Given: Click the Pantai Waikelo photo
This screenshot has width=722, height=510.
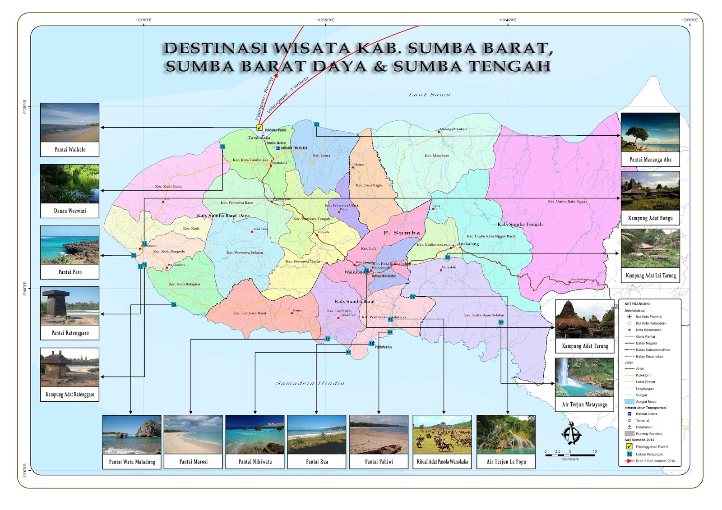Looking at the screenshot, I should [x=69, y=122].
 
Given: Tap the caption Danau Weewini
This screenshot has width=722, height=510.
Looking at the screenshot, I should [x=69, y=211].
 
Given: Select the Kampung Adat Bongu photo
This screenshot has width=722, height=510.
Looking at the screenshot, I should [x=650, y=191].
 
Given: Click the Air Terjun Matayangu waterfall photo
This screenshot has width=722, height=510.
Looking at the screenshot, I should [x=584, y=377].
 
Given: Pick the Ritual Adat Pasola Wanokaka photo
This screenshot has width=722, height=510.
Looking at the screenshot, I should [x=442, y=434].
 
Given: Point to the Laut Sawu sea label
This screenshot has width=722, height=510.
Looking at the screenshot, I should [x=429, y=95].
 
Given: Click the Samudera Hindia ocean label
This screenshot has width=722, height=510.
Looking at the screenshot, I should [x=310, y=383].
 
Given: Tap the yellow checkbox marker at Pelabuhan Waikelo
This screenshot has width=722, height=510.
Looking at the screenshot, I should [x=259, y=128].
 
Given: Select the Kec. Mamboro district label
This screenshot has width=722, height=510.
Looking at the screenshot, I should [x=437, y=156].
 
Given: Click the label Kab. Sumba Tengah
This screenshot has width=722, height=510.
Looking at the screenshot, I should [x=520, y=224].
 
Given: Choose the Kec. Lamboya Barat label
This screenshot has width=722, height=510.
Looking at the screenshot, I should [x=250, y=313].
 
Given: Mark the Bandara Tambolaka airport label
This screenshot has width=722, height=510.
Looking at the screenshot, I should [x=293, y=148].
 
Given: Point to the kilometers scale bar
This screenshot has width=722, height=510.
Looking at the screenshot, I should [x=569, y=455].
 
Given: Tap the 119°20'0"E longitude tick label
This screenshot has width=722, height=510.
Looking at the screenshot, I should [x=325, y=20].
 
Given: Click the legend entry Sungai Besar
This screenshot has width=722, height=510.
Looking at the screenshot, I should [x=646, y=401].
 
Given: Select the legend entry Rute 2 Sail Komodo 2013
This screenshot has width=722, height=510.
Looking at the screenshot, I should [x=655, y=461].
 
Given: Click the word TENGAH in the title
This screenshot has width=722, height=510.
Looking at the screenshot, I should [x=510, y=66].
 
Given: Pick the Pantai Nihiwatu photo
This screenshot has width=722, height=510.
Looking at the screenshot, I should [x=255, y=434].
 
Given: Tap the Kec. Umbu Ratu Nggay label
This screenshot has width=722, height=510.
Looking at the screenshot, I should [x=567, y=202].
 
